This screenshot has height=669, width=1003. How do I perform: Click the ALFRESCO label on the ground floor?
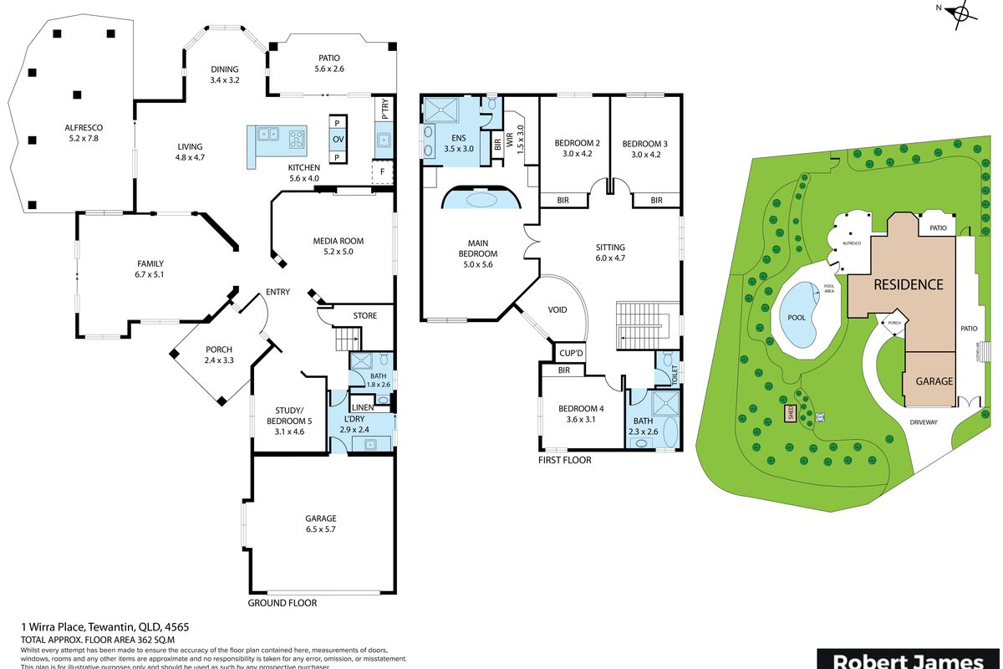(x=82, y=128)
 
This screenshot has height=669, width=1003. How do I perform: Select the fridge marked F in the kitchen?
(x=383, y=172)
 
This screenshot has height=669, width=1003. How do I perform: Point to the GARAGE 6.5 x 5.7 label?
(x=321, y=518)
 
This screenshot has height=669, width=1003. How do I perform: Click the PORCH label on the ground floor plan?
(x=218, y=350)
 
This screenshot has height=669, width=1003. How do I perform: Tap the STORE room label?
(x=364, y=315)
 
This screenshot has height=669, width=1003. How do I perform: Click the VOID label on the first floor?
(x=557, y=310)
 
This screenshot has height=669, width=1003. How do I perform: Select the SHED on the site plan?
(x=788, y=412)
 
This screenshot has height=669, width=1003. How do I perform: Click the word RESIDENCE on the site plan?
(x=908, y=284)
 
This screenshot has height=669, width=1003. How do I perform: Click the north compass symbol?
(x=964, y=12)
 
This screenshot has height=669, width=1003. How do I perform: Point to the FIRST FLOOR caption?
(x=565, y=460)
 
